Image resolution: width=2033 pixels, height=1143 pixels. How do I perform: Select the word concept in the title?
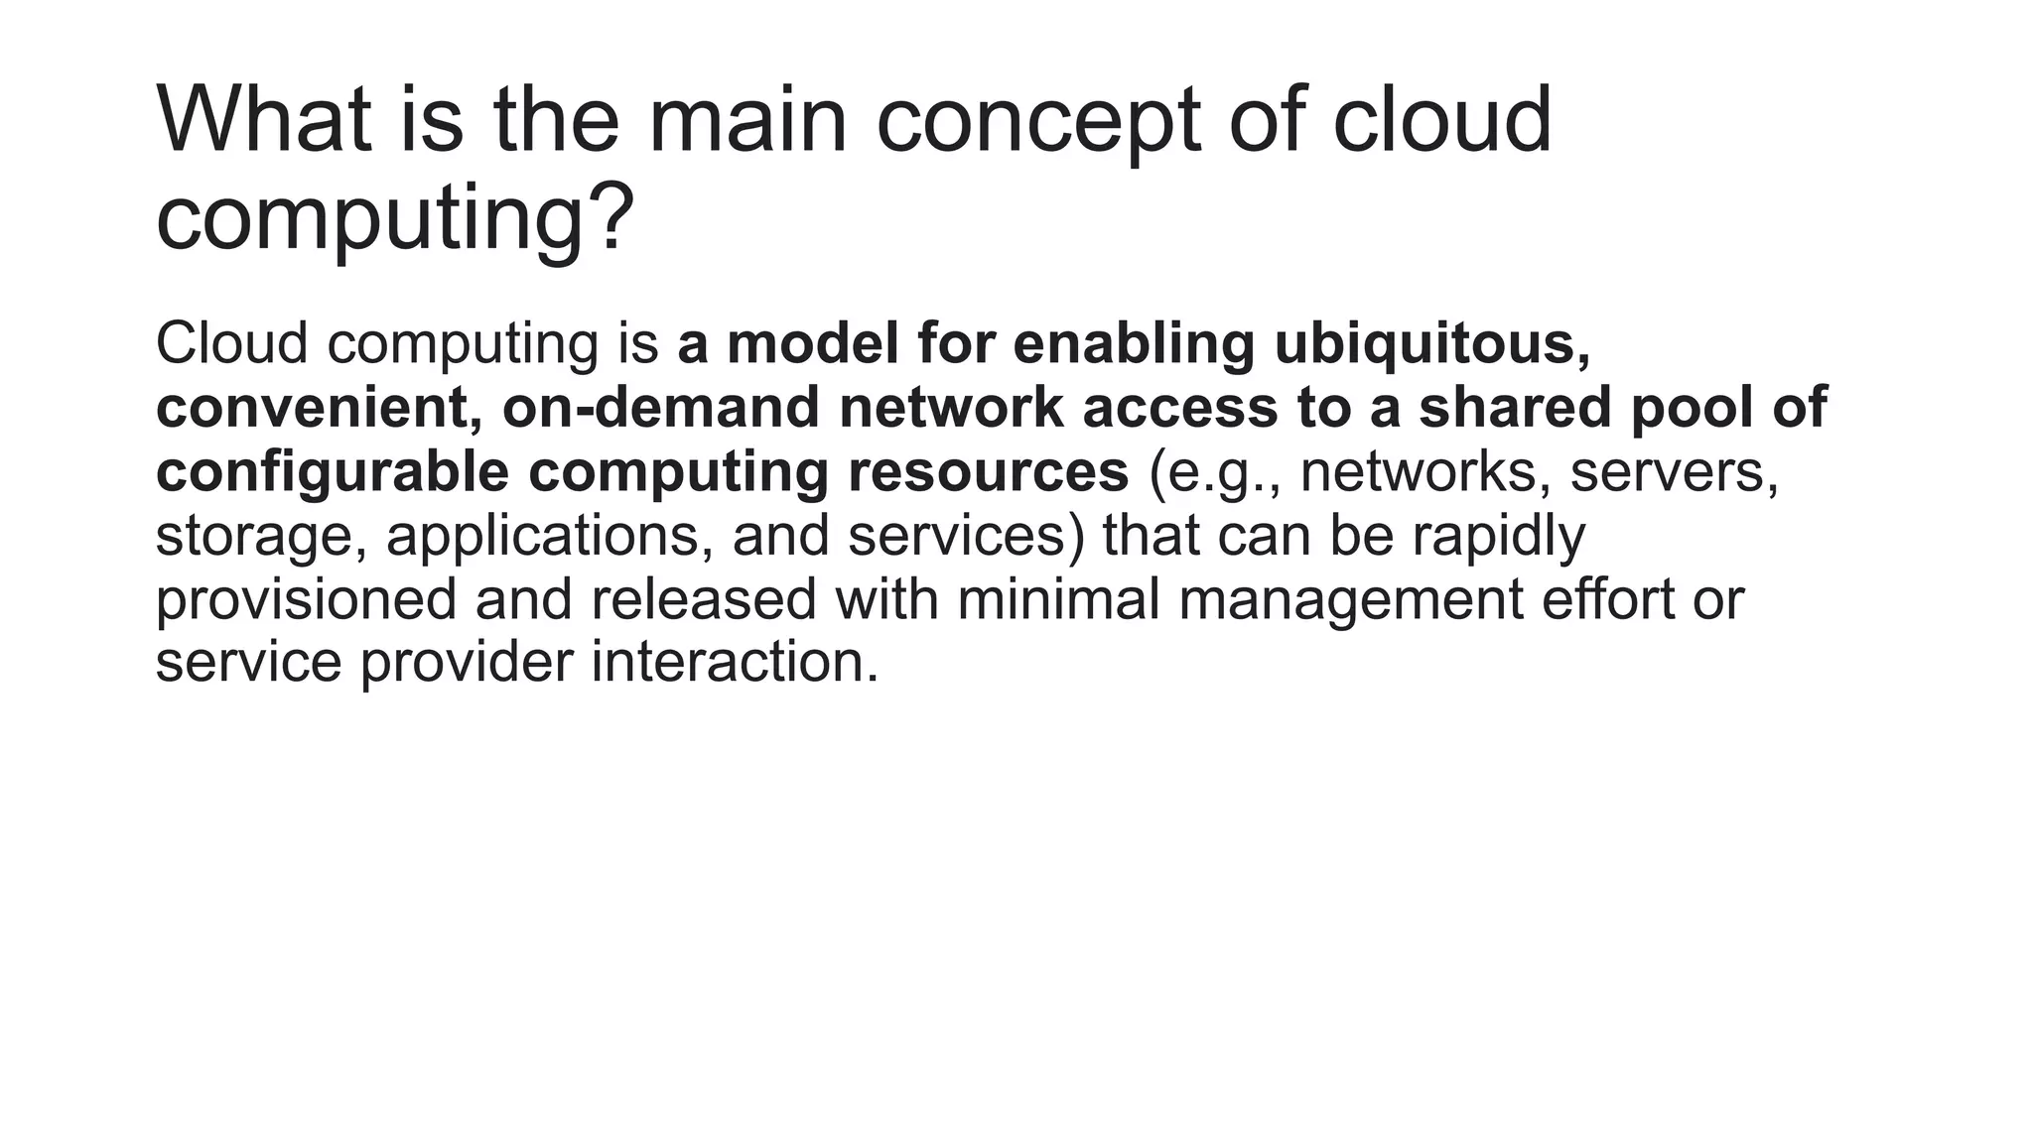pyautogui.click(x=1038, y=122)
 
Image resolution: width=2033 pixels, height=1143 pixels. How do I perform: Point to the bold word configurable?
pyautogui.click(x=332, y=472)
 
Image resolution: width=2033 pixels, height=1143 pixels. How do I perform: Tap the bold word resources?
pyautogui.click(x=988, y=472)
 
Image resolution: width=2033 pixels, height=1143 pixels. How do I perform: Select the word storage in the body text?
pyautogui.click(x=262, y=537)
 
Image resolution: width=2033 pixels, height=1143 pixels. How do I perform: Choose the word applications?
pyautogui.click(x=550, y=537)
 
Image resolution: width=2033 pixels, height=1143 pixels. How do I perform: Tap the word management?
pyautogui.click(x=1350, y=600)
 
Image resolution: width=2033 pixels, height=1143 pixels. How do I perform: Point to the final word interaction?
pyautogui.click(x=735, y=662)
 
